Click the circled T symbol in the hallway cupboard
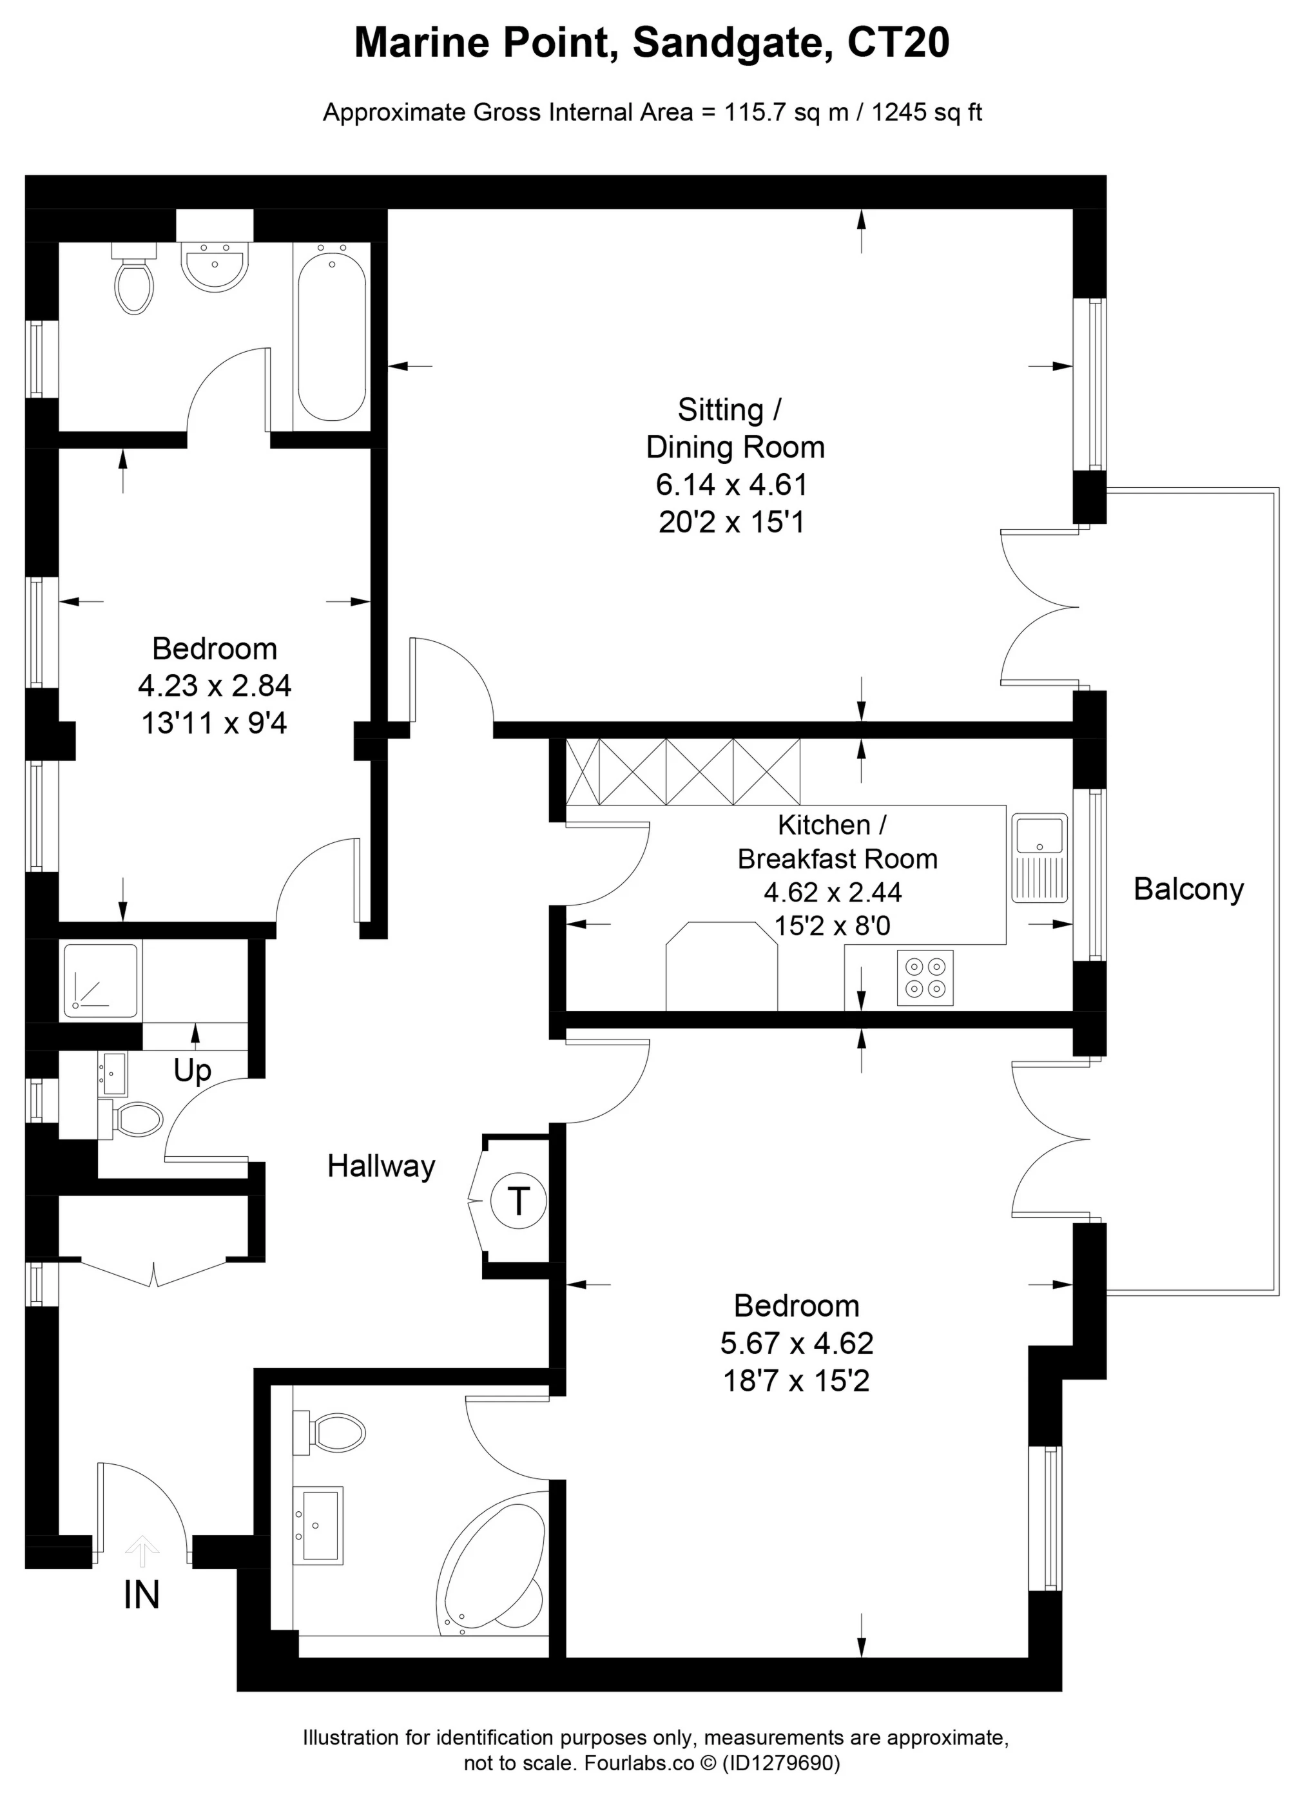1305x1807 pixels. [518, 1200]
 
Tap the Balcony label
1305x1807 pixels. [1188, 889]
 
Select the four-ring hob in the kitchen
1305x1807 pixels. [924, 978]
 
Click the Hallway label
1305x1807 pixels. [381, 1166]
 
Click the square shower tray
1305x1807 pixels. [101, 981]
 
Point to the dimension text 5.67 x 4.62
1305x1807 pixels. [796, 1343]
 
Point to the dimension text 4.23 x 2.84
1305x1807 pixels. [215, 685]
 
